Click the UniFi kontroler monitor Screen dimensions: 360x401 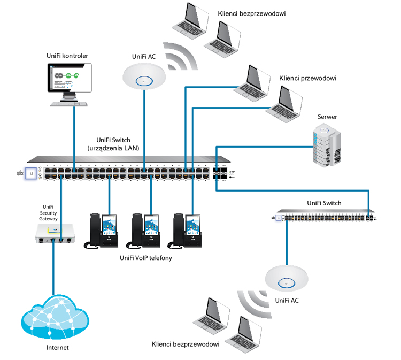(x=70, y=79)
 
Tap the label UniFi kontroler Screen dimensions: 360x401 (x=67, y=56)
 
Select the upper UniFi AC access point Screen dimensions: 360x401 (x=144, y=76)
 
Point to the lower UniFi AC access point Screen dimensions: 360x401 (x=287, y=278)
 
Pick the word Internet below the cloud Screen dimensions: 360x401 (x=56, y=348)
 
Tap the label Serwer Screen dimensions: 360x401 (x=327, y=117)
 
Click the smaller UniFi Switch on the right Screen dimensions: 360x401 (x=325, y=217)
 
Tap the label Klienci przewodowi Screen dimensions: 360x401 (x=307, y=78)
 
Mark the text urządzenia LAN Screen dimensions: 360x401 (x=113, y=148)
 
